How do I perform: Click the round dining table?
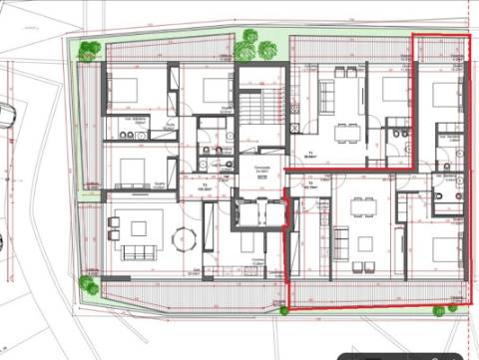(184, 239)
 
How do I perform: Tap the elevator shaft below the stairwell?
(258, 212)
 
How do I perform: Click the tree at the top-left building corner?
(90, 48)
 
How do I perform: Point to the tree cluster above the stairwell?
(255, 45)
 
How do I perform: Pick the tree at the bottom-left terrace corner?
(88, 286)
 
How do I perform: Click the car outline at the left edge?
(5, 115)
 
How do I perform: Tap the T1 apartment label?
(310, 153)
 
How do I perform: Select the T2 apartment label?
(310, 183)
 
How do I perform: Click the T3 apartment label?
(205, 184)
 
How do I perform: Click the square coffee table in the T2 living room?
(364, 242)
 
